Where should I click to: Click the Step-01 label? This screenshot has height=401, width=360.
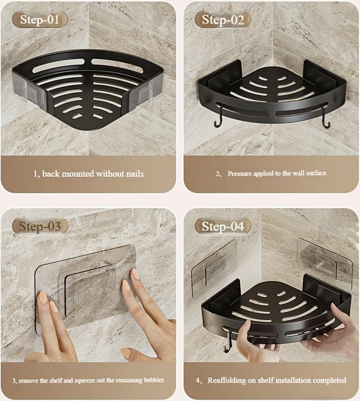40,20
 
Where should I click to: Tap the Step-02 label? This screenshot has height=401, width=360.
223,20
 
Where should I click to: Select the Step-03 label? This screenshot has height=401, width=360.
40,226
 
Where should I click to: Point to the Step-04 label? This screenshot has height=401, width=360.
223,226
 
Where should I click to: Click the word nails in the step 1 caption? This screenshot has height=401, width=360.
135,174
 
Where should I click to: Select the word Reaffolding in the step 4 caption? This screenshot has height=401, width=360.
226,380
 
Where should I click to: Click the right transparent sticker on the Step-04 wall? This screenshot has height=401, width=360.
324,262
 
